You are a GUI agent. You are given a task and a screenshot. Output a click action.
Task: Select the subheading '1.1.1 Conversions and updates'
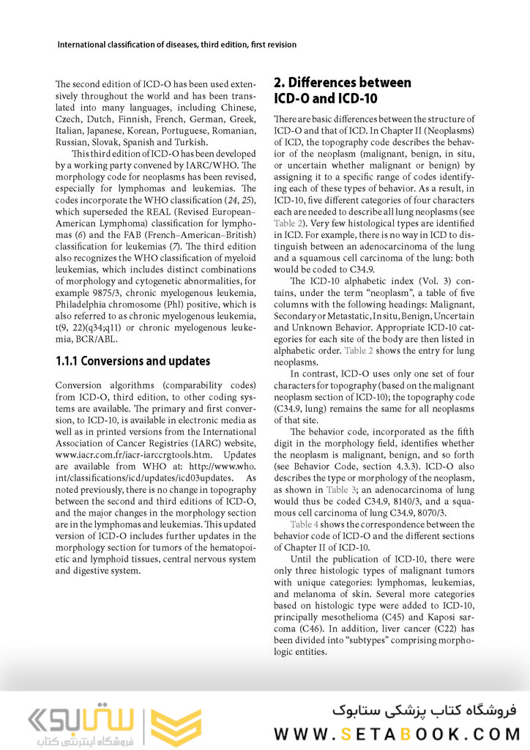pos(132,361)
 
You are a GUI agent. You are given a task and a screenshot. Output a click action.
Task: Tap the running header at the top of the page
pos(176,45)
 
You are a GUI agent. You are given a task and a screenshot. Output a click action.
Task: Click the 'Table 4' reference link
pos(304,524)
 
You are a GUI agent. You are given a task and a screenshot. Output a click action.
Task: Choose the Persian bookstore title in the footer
pos(424,710)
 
